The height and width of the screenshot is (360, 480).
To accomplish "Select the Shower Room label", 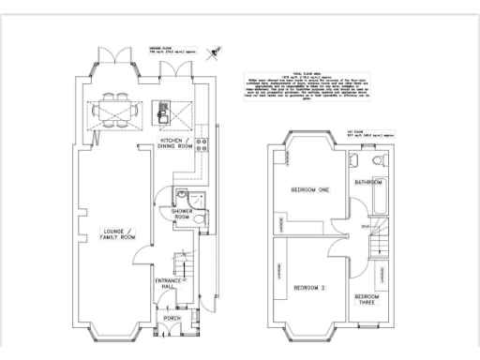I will pos(181,215).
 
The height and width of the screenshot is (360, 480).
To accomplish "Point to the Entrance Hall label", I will pos(170,283).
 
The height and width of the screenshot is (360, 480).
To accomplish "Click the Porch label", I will pos(172,319).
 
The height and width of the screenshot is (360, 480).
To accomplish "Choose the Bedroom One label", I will pos(309,190).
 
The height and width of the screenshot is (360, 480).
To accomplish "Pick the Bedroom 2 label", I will pos(309,287).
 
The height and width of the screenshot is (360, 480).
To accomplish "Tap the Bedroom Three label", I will pos(367,300).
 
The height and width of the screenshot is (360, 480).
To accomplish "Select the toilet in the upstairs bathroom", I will pos(376,165).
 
